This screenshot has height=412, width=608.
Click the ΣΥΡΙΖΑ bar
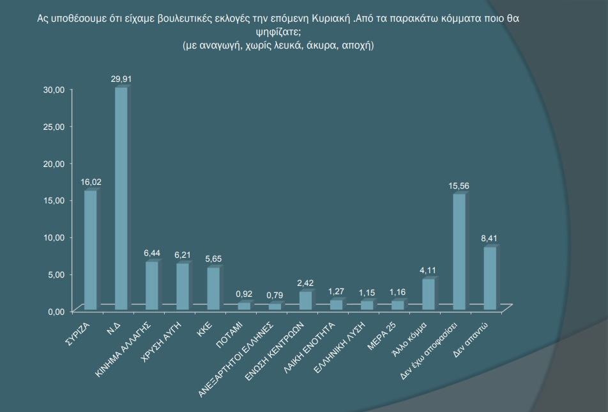point(91,250)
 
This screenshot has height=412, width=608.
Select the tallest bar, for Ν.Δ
point(121,198)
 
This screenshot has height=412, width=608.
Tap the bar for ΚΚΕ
point(213,289)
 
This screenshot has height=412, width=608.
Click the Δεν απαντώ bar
point(489,278)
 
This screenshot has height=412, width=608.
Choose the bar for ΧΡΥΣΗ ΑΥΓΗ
point(182,287)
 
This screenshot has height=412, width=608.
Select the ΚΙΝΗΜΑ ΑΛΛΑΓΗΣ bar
point(151,285)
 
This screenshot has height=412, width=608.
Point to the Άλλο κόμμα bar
point(428,294)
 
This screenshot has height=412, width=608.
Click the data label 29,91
point(121,79)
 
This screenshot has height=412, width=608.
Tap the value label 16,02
point(91,182)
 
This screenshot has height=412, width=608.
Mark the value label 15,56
point(459,186)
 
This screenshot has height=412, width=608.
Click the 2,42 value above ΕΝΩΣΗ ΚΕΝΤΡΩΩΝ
point(306,283)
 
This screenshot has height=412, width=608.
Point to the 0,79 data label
point(275,295)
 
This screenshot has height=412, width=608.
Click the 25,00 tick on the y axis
point(54,127)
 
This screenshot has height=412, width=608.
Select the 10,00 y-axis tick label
point(54,237)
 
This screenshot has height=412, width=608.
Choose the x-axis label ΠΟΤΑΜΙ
point(230,335)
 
